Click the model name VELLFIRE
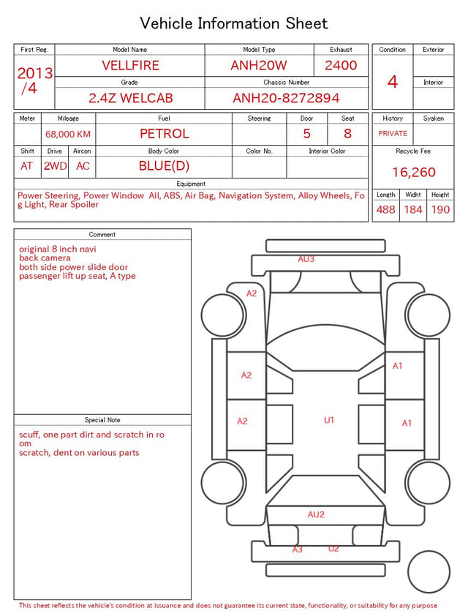click(x=130, y=65)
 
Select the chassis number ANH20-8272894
click(x=286, y=98)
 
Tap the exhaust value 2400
click(x=341, y=65)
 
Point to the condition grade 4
click(x=393, y=82)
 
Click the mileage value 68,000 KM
click(x=68, y=135)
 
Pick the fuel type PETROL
click(x=165, y=134)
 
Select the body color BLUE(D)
click(x=164, y=166)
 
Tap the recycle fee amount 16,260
click(x=413, y=172)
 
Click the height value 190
click(x=440, y=209)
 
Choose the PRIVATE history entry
click(x=393, y=133)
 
